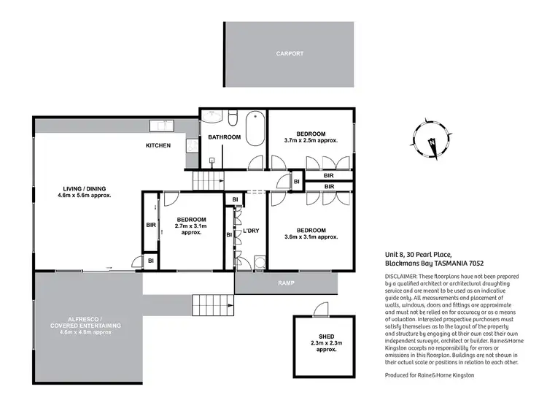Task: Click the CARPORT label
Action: pos(290,53)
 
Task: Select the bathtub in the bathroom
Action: pos(255,129)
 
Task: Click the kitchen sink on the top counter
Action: pos(160,126)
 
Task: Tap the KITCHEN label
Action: pos(158,145)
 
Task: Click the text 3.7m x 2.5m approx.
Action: pos(311,140)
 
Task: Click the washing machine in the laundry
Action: pos(258,263)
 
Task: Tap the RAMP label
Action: pos(285,283)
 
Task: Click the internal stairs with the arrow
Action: pos(207,180)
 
